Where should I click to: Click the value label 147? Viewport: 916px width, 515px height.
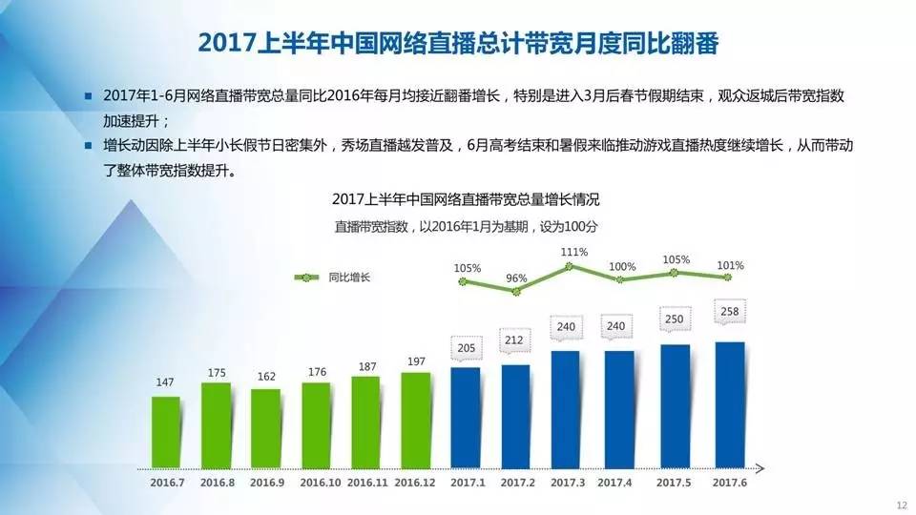(x=166, y=383)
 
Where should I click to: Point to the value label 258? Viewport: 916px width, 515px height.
(x=729, y=312)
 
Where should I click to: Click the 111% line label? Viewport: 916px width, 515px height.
(x=573, y=252)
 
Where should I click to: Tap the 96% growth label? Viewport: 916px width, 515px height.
(x=516, y=278)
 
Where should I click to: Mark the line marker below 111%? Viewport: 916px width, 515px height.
(x=570, y=266)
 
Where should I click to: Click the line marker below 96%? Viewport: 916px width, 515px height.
(x=516, y=290)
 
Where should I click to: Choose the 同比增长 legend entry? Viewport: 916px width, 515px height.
(x=334, y=278)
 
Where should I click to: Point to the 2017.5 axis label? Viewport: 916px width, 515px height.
(x=675, y=484)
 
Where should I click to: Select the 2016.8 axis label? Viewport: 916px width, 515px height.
(x=216, y=484)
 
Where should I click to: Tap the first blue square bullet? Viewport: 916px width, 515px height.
(x=89, y=97)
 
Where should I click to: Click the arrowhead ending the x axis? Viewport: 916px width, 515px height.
(x=760, y=468)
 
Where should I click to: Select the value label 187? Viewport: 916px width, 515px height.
(x=365, y=365)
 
